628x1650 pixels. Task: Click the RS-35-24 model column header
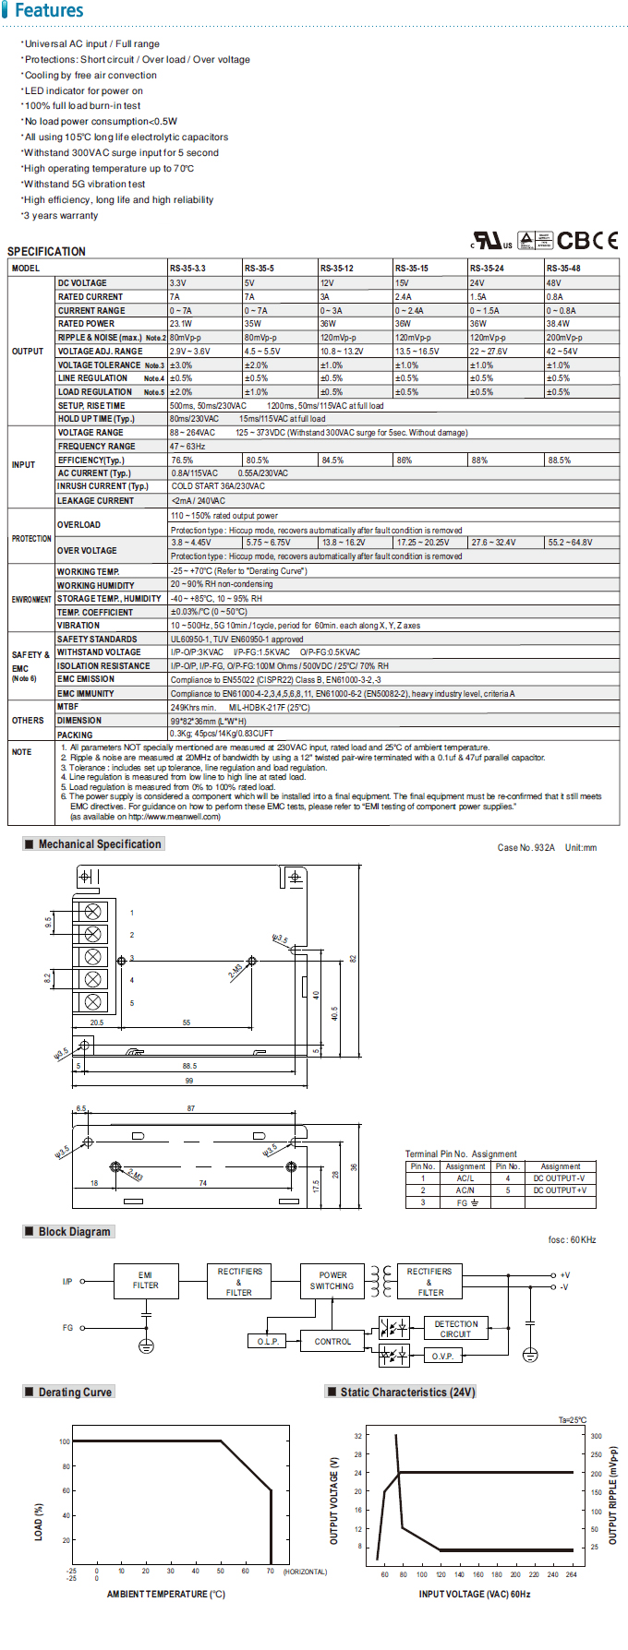487,269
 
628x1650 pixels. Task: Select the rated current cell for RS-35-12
326,297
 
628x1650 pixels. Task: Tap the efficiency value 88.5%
560,460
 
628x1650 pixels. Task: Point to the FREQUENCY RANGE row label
96,447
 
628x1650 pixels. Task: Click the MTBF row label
67,707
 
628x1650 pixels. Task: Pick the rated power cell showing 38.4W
558,324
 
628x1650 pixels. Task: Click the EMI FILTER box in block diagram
145,1280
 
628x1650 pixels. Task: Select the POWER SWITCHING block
332,1280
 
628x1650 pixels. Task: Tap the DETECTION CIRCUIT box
456,1329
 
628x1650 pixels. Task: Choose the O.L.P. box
268,1341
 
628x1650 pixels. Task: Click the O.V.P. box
442,1356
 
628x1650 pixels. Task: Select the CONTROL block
332,1341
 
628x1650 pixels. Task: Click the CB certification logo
574,241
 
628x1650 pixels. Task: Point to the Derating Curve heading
75,1392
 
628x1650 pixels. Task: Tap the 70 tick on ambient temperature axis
271,1571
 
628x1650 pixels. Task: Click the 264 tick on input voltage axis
571,1574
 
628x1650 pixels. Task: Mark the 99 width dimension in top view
189,1081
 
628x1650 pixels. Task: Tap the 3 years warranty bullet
61,216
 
